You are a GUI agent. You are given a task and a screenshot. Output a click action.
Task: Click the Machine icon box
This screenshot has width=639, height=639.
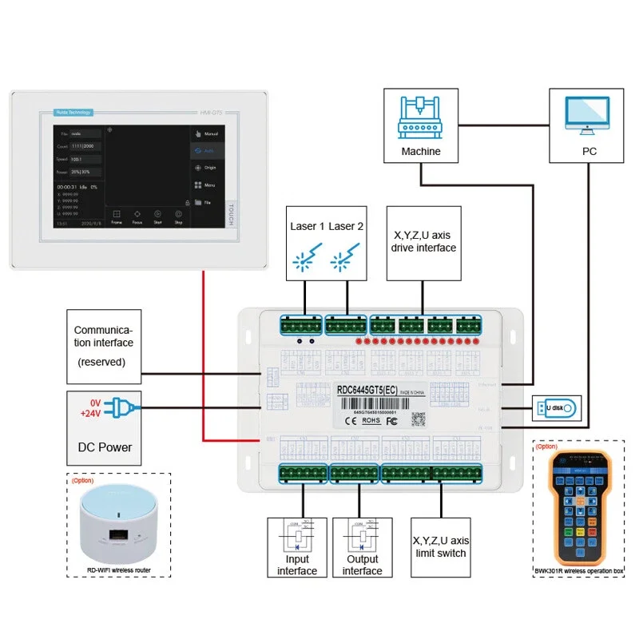click(421, 126)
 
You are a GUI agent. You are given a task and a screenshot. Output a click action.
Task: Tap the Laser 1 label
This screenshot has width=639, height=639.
click(306, 226)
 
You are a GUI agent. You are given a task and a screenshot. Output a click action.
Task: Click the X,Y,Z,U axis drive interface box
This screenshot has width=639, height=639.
click(424, 242)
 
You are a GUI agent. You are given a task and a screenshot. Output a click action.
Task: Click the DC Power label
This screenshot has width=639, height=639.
click(104, 447)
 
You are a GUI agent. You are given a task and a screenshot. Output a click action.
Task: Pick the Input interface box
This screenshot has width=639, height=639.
click(297, 547)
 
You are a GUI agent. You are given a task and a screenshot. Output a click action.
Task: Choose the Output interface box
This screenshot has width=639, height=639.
click(363, 547)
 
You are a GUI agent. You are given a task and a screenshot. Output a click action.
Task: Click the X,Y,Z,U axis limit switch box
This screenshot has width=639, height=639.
click(439, 547)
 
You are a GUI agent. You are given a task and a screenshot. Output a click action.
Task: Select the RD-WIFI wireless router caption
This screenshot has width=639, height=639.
click(119, 570)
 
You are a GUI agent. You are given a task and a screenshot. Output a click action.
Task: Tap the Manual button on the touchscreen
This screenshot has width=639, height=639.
click(207, 133)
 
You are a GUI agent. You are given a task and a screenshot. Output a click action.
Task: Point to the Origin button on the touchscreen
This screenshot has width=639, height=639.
click(207, 168)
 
